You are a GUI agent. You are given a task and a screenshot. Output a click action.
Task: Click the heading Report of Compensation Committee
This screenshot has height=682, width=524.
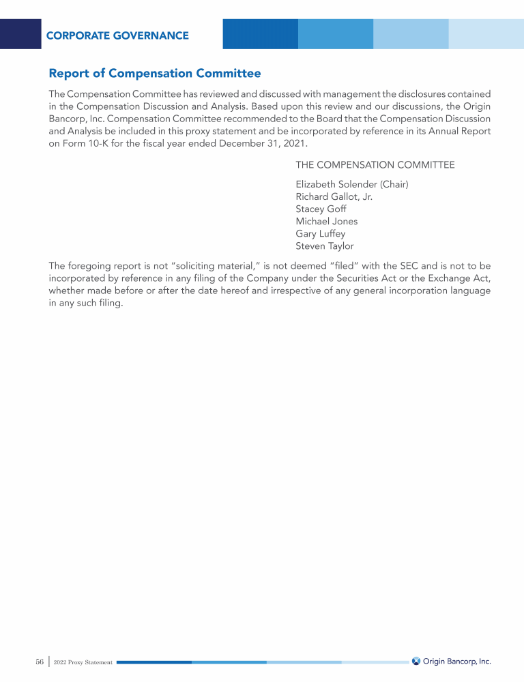click(155, 73)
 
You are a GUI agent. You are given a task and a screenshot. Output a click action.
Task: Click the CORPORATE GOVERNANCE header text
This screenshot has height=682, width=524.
click(117, 35)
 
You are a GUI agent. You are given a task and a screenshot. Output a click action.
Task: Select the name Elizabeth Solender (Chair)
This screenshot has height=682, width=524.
click(352, 184)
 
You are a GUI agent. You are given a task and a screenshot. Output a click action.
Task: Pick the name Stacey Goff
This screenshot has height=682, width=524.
click(321, 209)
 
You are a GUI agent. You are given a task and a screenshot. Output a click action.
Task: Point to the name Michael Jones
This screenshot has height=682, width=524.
click(326, 221)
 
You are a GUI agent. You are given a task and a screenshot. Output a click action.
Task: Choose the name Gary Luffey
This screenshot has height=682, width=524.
click(321, 233)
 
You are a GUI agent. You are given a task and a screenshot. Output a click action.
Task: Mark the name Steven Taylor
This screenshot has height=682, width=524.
click(325, 246)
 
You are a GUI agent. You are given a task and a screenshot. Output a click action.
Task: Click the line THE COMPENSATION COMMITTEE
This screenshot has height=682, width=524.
click(375, 165)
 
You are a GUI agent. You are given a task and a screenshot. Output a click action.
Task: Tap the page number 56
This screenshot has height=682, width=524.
click(40, 662)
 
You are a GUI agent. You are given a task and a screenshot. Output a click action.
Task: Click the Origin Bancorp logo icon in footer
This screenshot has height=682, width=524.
click(416, 661)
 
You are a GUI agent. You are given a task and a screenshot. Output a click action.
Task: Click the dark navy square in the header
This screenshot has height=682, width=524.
click(20, 34)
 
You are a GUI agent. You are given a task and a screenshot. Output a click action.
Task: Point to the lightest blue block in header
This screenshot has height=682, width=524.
click(486, 34)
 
